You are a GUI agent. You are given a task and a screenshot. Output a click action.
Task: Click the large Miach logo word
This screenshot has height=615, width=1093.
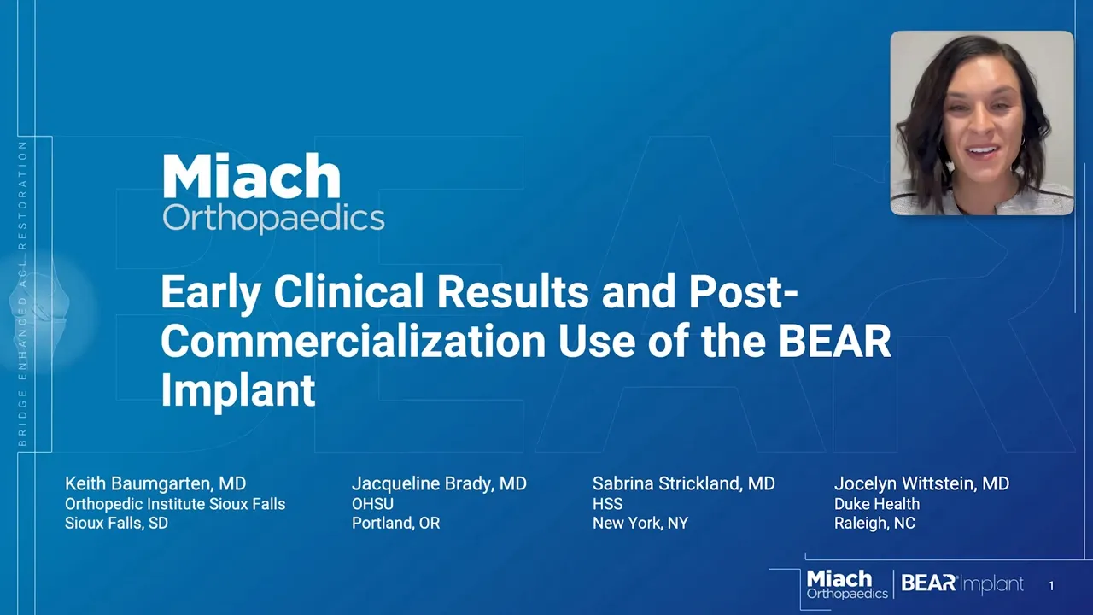[251, 176]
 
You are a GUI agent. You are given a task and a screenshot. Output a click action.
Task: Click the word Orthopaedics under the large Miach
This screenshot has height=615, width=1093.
[273, 220]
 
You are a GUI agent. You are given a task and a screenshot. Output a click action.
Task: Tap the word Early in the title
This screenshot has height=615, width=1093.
[211, 293]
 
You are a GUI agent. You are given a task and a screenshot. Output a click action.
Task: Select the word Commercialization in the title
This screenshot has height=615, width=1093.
[354, 342]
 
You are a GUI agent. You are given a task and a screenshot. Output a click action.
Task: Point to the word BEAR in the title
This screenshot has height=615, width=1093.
[835, 342]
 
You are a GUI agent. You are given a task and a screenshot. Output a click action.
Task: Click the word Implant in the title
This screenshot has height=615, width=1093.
[238, 391]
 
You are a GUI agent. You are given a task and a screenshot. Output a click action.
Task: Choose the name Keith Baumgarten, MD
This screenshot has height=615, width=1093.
[155, 483]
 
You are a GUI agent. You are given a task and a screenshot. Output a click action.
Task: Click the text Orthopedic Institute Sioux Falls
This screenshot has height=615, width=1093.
[175, 504]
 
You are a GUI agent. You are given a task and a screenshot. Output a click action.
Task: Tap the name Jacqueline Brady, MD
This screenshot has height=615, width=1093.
[439, 483]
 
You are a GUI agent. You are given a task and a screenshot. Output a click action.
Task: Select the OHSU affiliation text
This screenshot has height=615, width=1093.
[373, 504]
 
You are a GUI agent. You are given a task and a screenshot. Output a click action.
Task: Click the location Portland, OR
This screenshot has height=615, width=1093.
[395, 524]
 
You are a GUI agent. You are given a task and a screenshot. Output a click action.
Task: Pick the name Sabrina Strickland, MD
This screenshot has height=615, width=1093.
[684, 483]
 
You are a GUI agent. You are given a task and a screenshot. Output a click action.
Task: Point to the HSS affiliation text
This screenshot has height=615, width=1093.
[607, 504]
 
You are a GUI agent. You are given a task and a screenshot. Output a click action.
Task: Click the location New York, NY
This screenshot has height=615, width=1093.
[640, 524]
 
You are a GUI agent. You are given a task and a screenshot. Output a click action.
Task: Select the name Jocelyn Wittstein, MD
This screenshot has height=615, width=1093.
[921, 483]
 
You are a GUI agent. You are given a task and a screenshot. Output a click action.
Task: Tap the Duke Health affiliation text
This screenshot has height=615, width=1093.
[877, 504]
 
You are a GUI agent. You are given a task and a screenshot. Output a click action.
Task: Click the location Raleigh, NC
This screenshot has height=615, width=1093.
[874, 524]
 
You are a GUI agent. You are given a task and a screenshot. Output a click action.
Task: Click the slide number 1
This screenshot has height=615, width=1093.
[1051, 586]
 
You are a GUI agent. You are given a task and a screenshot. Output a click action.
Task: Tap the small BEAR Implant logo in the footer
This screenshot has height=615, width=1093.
[962, 583]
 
